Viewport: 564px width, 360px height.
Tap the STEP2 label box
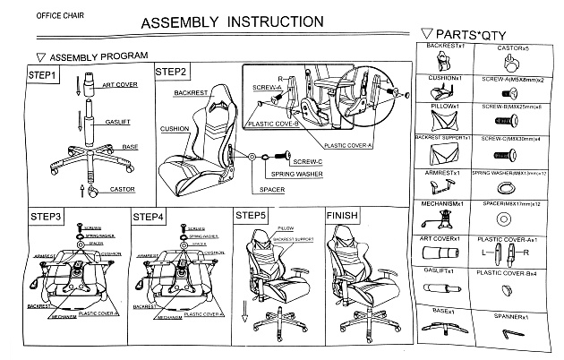pos(171,72)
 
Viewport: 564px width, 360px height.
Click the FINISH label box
pos(342,215)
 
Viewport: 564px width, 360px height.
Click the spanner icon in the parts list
pos(511,333)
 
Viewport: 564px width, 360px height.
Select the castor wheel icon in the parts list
pos(511,62)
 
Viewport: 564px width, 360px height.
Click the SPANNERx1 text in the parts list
pos(511,314)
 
